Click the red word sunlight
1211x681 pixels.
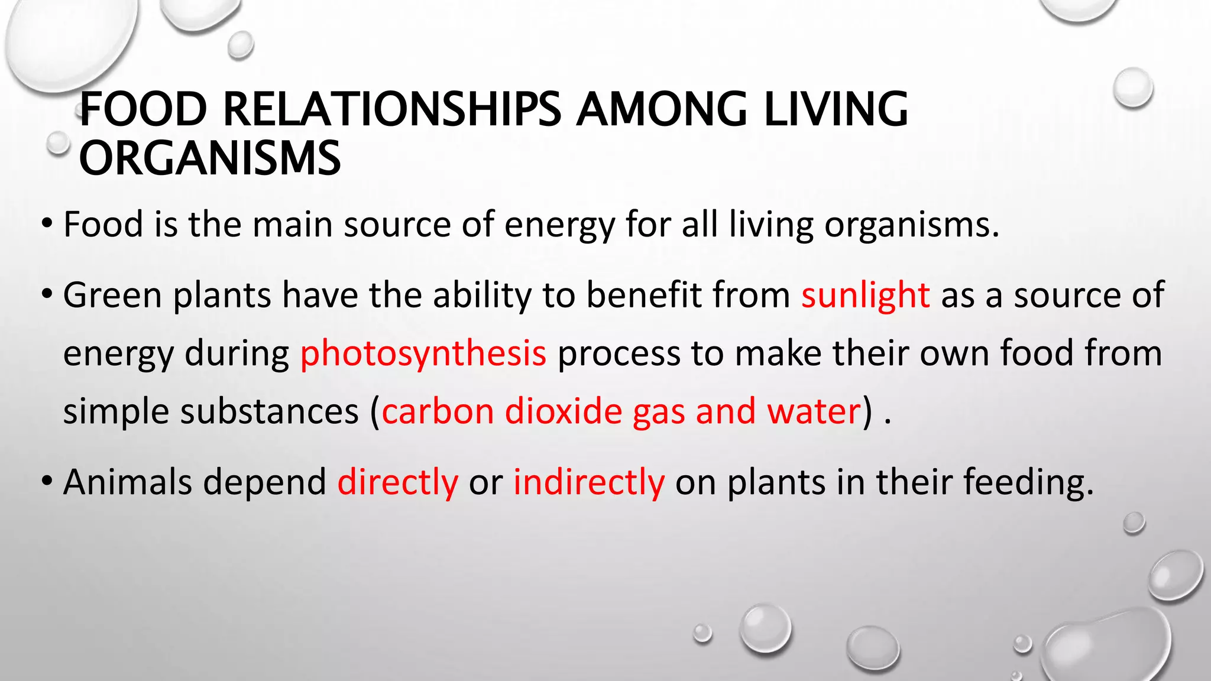[865, 295]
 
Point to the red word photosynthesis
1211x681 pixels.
[423, 354]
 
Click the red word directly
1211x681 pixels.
[397, 482]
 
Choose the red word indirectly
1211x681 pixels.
[588, 482]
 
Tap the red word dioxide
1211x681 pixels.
[563, 411]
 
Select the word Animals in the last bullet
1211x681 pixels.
[127, 482]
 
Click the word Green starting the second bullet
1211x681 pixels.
[112, 295]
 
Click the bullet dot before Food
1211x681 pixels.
[47, 225]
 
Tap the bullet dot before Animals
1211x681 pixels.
[47, 482]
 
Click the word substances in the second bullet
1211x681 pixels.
[269, 411]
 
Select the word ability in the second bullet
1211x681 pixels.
[482, 295]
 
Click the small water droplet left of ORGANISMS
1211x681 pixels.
[58, 142]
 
